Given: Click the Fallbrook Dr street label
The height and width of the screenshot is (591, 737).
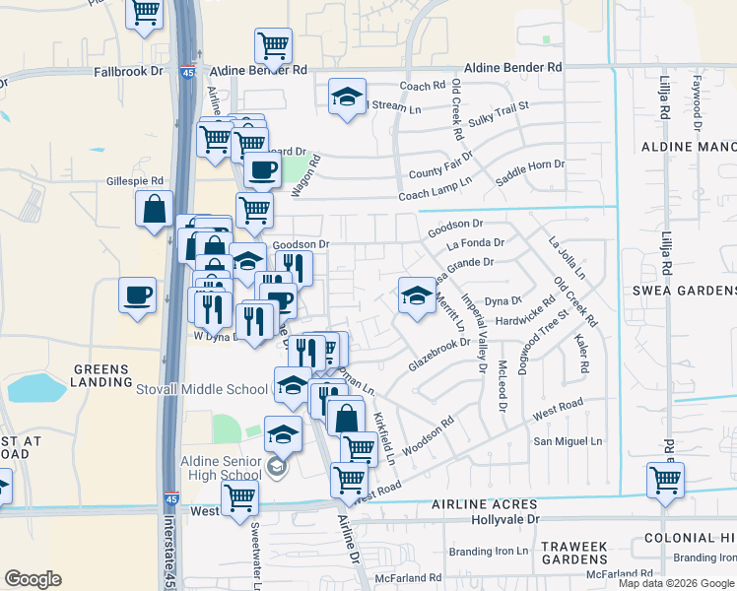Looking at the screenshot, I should tap(131, 72).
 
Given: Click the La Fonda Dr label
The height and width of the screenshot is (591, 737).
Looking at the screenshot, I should tap(475, 242).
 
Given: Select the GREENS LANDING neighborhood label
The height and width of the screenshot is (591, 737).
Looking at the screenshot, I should tap(100, 376).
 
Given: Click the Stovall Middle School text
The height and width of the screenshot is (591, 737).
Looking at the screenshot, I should tap(205, 389).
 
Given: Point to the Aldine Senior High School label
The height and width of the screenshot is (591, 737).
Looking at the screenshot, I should tap(222, 468).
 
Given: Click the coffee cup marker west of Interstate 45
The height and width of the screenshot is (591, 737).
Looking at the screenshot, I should tap(137, 294).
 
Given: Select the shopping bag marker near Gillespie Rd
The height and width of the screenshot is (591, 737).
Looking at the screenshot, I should tap(156, 210).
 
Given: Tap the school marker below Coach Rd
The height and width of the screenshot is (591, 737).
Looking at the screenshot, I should tap(347, 97).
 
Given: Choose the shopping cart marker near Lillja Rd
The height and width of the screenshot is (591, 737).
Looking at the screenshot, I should tap(665, 481).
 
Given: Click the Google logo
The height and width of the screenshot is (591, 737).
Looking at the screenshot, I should tap(33, 579).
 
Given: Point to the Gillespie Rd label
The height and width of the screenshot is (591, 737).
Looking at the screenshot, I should tap(135, 182).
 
